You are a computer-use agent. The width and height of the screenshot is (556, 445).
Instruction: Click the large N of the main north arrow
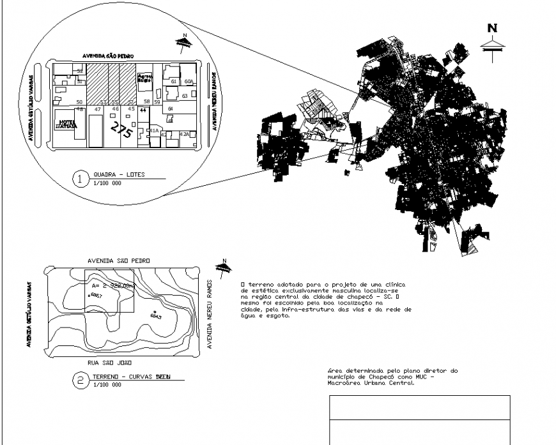tap(492, 28)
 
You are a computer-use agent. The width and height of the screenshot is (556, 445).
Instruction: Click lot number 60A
tap(189, 82)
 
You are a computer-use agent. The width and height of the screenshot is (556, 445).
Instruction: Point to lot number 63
tap(184, 96)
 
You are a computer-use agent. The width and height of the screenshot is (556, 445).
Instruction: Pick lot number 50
tap(79, 102)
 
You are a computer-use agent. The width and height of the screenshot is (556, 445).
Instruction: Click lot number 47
tap(98, 109)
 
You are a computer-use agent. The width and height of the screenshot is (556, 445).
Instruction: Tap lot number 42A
tap(185, 134)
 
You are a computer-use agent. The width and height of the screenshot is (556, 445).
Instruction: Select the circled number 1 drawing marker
tap(80, 179)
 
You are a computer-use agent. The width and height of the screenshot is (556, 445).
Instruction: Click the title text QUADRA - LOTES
tap(119, 174)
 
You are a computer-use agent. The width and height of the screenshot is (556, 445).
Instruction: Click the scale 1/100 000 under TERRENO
tap(107, 386)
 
